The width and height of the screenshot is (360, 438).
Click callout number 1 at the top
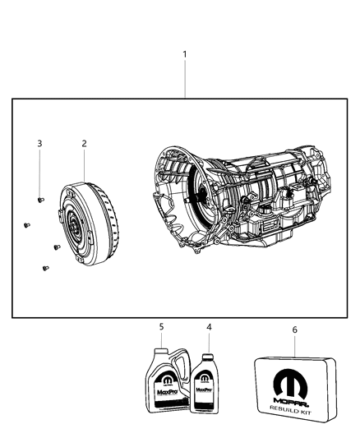(x=185, y=55)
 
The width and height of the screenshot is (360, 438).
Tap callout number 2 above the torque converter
(x=84, y=144)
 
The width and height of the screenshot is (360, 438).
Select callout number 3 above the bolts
(x=39, y=144)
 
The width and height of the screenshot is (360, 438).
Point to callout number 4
(x=209, y=327)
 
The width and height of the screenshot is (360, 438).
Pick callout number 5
(x=161, y=327)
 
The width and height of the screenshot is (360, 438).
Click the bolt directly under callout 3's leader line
(x=41, y=199)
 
